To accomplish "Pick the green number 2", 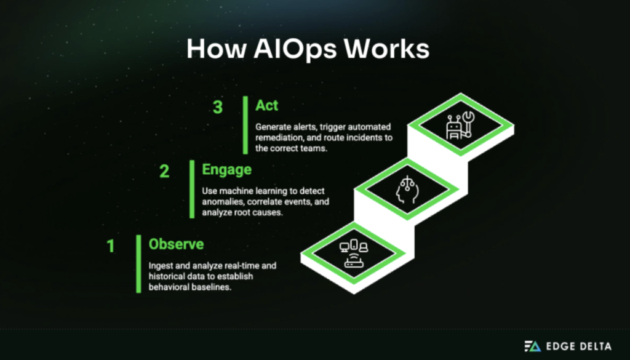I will pyautogui.click(x=164, y=171).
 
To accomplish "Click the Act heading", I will pyautogui.click(x=267, y=106).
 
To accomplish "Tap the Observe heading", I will pyautogui.click(x=176, y=244).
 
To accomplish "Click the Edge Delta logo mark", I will pyautogui.click(x=531, y=346).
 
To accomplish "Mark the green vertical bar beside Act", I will pyautogui.click(x=245, y=124).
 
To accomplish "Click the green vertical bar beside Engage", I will pyautogui.click(x=191, y=188).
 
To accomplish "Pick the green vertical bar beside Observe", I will pyautogui.click(x=138, y=263).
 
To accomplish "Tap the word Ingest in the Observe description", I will pyautogui.click(x=161, y=265).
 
